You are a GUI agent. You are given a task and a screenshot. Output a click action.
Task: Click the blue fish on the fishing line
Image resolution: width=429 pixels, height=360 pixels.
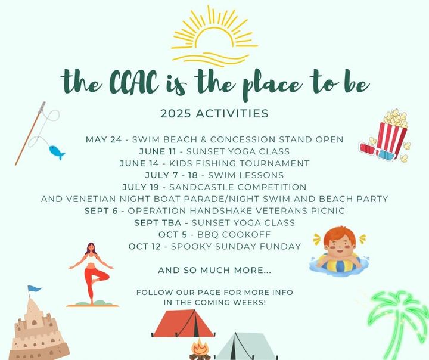(x=57, y=152)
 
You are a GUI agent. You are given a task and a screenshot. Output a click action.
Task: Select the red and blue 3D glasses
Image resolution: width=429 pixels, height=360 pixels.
(x=378, y=152)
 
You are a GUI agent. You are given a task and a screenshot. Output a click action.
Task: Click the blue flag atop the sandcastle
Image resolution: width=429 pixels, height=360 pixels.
(x=34, y=289)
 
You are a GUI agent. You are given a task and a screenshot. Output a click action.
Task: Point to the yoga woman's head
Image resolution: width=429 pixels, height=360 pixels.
(x=91, y=248)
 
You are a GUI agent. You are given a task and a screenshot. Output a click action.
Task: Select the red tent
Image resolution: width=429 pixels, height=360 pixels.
(x=184, y=323)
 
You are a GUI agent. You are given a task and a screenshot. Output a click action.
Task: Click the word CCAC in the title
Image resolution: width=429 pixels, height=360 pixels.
(x=133, y=82)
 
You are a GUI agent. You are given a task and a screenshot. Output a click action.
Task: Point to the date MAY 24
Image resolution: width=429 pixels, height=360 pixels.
(x=104, y=139)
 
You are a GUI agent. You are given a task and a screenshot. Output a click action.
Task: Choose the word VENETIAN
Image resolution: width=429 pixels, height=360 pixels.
(x=91, y=199)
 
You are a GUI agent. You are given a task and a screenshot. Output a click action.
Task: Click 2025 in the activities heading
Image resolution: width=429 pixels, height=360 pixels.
(x=175, y=114)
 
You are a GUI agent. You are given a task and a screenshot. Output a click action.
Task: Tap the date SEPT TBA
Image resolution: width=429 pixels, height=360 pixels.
(x=157, y=222)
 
